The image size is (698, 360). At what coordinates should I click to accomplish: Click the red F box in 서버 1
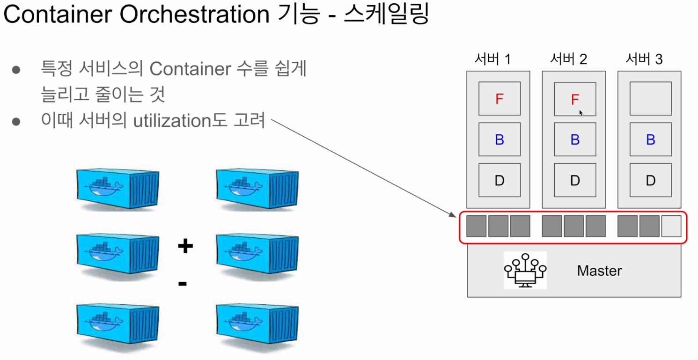click(x=500, y=99)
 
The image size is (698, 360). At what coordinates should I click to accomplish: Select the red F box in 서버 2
click(x=575, y=99)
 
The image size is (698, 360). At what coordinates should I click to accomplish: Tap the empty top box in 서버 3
click(x=651, y=99)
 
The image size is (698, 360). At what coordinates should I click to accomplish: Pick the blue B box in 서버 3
click(x=651, y=140)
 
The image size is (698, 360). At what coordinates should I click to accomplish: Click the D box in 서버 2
click(x=575, y=180)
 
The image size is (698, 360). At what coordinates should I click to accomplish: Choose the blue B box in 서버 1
click(x=500, y=140)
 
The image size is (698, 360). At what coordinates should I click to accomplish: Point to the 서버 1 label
click(x=492, y=59)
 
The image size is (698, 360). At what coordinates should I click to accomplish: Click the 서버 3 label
click(x=644, y=59)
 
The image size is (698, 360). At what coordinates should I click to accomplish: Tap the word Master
click(x=599, y=271)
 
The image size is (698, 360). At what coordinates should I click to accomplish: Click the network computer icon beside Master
click(x=525, y=270)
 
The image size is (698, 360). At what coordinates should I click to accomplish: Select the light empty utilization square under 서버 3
click(x=671, y=226)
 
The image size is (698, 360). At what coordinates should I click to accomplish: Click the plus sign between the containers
click(x=185, y=246)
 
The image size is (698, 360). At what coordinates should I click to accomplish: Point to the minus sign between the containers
click(x=183, y=283)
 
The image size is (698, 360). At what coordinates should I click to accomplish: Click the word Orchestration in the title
click(x=195, y=15)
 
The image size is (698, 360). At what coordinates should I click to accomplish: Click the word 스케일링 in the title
click(x=386, y=15)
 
